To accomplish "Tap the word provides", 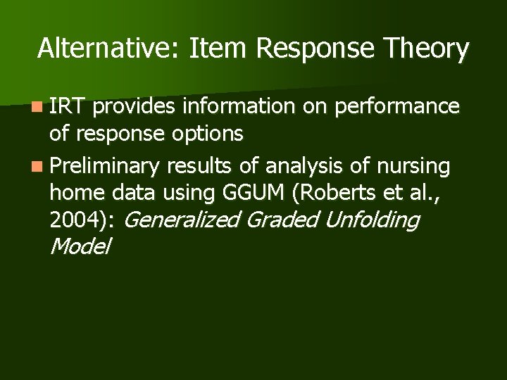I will click(x=134, y=107).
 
